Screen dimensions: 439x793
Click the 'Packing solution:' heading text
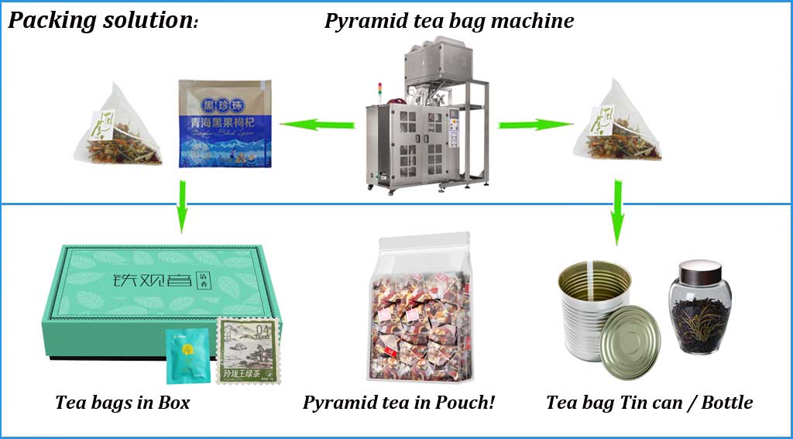tap(103, 21)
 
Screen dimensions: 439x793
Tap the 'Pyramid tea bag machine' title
tap(449, 21)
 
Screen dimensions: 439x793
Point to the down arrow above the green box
tap(180, 205)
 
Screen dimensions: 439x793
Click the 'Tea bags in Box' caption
tap(122, 403)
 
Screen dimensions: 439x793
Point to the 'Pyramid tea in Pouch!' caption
tap(399, 403)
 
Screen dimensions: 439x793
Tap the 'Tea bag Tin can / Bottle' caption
tap(649, 403)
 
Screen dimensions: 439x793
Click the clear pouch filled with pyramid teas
tap(418, 310)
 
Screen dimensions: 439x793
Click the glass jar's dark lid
tap(699, 272)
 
